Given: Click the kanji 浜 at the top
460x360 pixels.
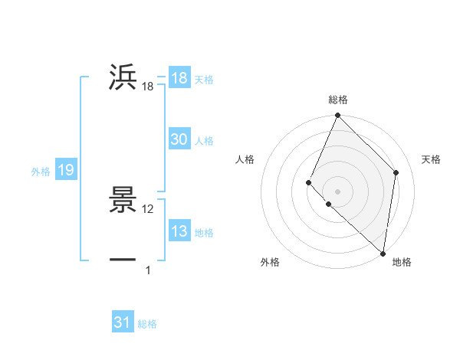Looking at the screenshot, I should [123, 78].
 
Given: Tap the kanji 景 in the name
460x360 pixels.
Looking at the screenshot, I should [123, 201].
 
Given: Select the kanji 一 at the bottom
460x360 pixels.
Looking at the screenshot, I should [123, 260].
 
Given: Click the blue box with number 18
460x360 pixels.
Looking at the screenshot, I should [179, 78].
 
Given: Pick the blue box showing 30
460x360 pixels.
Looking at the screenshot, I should [179, 139].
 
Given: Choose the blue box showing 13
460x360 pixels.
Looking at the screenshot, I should [179, 231].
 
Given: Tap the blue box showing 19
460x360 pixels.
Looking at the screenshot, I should [66, 170].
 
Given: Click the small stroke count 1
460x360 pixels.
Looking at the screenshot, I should [148, 270].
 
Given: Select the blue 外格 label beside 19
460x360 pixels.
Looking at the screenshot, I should [41, 172].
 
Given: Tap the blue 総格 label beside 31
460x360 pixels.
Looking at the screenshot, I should [147, 324].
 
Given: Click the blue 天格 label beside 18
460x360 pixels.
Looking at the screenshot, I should [204, 80].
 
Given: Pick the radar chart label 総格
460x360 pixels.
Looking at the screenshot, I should [338, 100].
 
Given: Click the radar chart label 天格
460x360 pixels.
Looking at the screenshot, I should [432, 159].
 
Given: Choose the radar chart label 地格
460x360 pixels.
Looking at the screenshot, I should [402, 262].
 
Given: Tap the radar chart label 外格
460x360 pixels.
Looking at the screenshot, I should [270, 262].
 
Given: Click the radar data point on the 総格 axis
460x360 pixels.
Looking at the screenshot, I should [338, 116].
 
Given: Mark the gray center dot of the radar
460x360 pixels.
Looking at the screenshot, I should [338, 191].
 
